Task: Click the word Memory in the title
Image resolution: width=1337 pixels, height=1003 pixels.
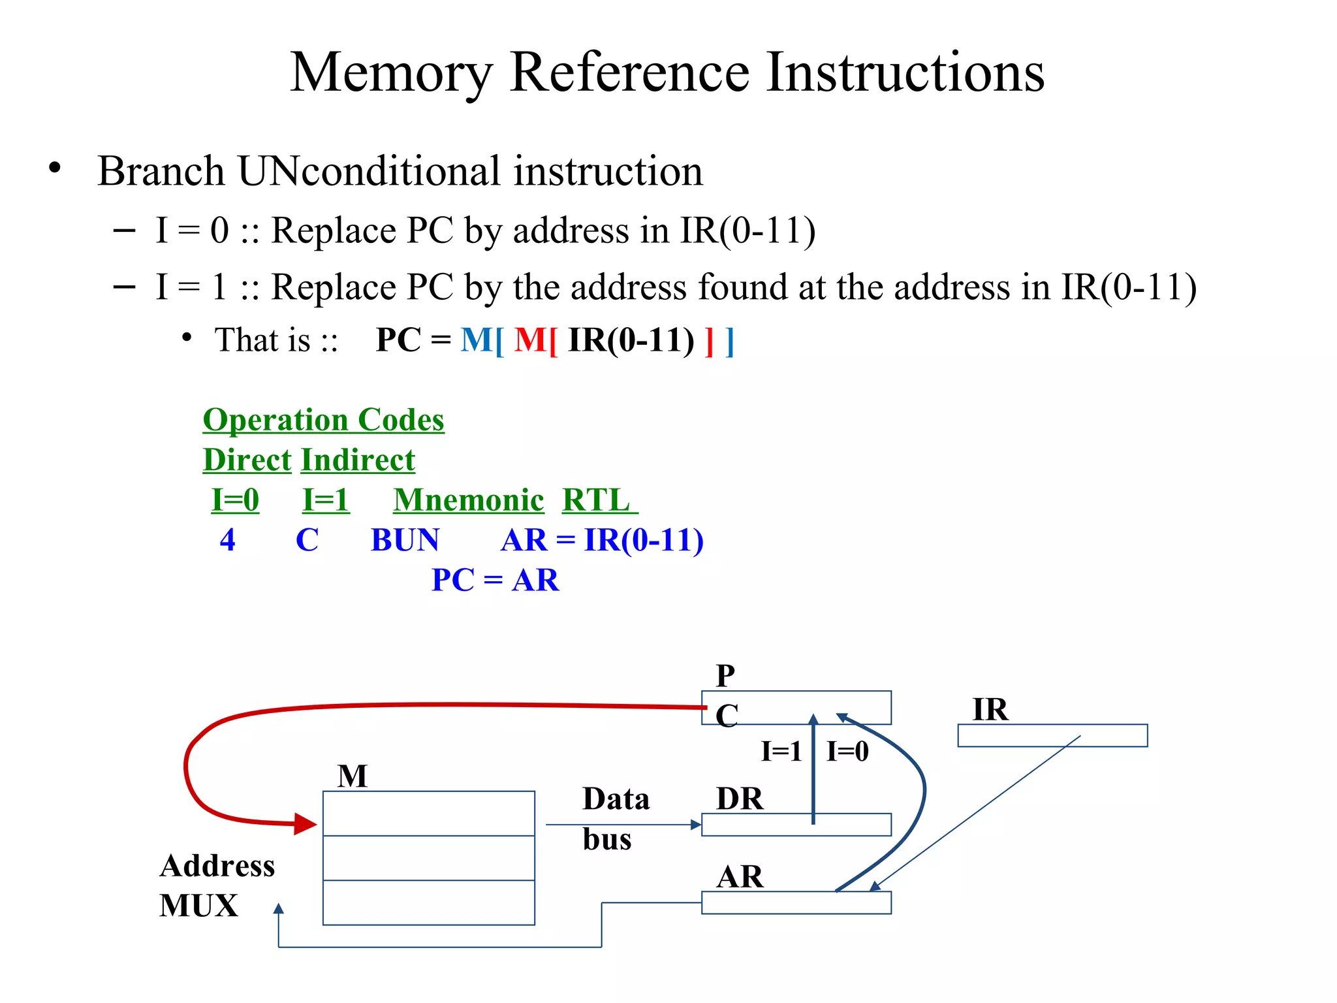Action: (390, 73)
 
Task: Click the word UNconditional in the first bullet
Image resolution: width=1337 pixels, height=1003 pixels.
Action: (370, 172)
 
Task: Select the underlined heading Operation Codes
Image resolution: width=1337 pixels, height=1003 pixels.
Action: (323, 420)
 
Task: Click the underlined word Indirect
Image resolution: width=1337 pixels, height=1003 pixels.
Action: (358, 460)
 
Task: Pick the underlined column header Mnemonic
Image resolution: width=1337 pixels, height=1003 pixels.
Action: (468, 501)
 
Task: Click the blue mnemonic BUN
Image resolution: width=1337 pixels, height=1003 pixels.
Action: (405, 541)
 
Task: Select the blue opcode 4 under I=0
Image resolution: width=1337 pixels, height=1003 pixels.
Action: (227, 541)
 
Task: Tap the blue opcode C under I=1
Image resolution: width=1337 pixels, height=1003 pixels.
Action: (307, 541)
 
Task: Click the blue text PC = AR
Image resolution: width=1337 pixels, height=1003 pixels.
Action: (495, 581)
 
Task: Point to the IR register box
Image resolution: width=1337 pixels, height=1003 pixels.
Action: (1052, 735)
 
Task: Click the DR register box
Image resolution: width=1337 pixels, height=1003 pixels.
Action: (796, 825)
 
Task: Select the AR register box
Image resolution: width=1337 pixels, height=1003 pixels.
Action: (796, 902)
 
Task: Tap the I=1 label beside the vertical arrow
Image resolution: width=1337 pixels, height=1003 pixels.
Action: (781, 752)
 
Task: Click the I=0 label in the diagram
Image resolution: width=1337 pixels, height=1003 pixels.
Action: (847, 752)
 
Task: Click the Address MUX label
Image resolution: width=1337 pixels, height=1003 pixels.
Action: (216, 885)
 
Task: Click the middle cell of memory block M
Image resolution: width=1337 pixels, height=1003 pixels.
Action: (428, 858)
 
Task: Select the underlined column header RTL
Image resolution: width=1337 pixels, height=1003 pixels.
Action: (597, 501)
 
